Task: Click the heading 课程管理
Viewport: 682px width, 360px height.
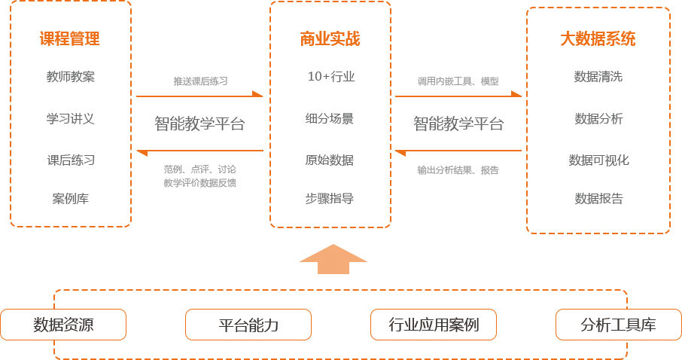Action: [x=70, y=39]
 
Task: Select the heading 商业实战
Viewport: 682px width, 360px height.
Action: [x=330, y=39]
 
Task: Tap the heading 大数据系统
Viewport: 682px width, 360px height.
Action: [x=598, y=39]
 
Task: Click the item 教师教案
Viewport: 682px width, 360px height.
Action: [x=71, y=77]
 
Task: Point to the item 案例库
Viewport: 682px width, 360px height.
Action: [x=71, y=199]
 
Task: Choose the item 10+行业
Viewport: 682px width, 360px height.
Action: [x=330, y=77]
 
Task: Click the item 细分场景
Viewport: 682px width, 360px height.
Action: [x=330, y=118]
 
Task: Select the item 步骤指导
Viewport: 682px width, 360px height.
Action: [x=330, y=199]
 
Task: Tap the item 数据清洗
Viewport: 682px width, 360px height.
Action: [x=598, y=77]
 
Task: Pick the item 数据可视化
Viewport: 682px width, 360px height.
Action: [x=598, y=160]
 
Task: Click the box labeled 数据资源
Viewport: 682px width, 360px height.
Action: [x=63, y=325]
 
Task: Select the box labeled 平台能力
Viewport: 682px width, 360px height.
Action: [x=248, y=325]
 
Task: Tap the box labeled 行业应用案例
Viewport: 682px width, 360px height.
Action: [x=434, y=325]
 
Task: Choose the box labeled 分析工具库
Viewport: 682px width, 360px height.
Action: [x=618, y=325]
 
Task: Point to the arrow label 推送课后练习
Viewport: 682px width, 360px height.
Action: [x=200, y=81]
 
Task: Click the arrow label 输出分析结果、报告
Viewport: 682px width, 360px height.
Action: [x=458, y=170]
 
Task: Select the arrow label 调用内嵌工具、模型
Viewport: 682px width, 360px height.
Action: [x=458, y=81]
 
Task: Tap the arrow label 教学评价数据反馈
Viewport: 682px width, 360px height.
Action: [x=200, y=182]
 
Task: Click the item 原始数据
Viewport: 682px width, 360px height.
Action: [x=330, y=160]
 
